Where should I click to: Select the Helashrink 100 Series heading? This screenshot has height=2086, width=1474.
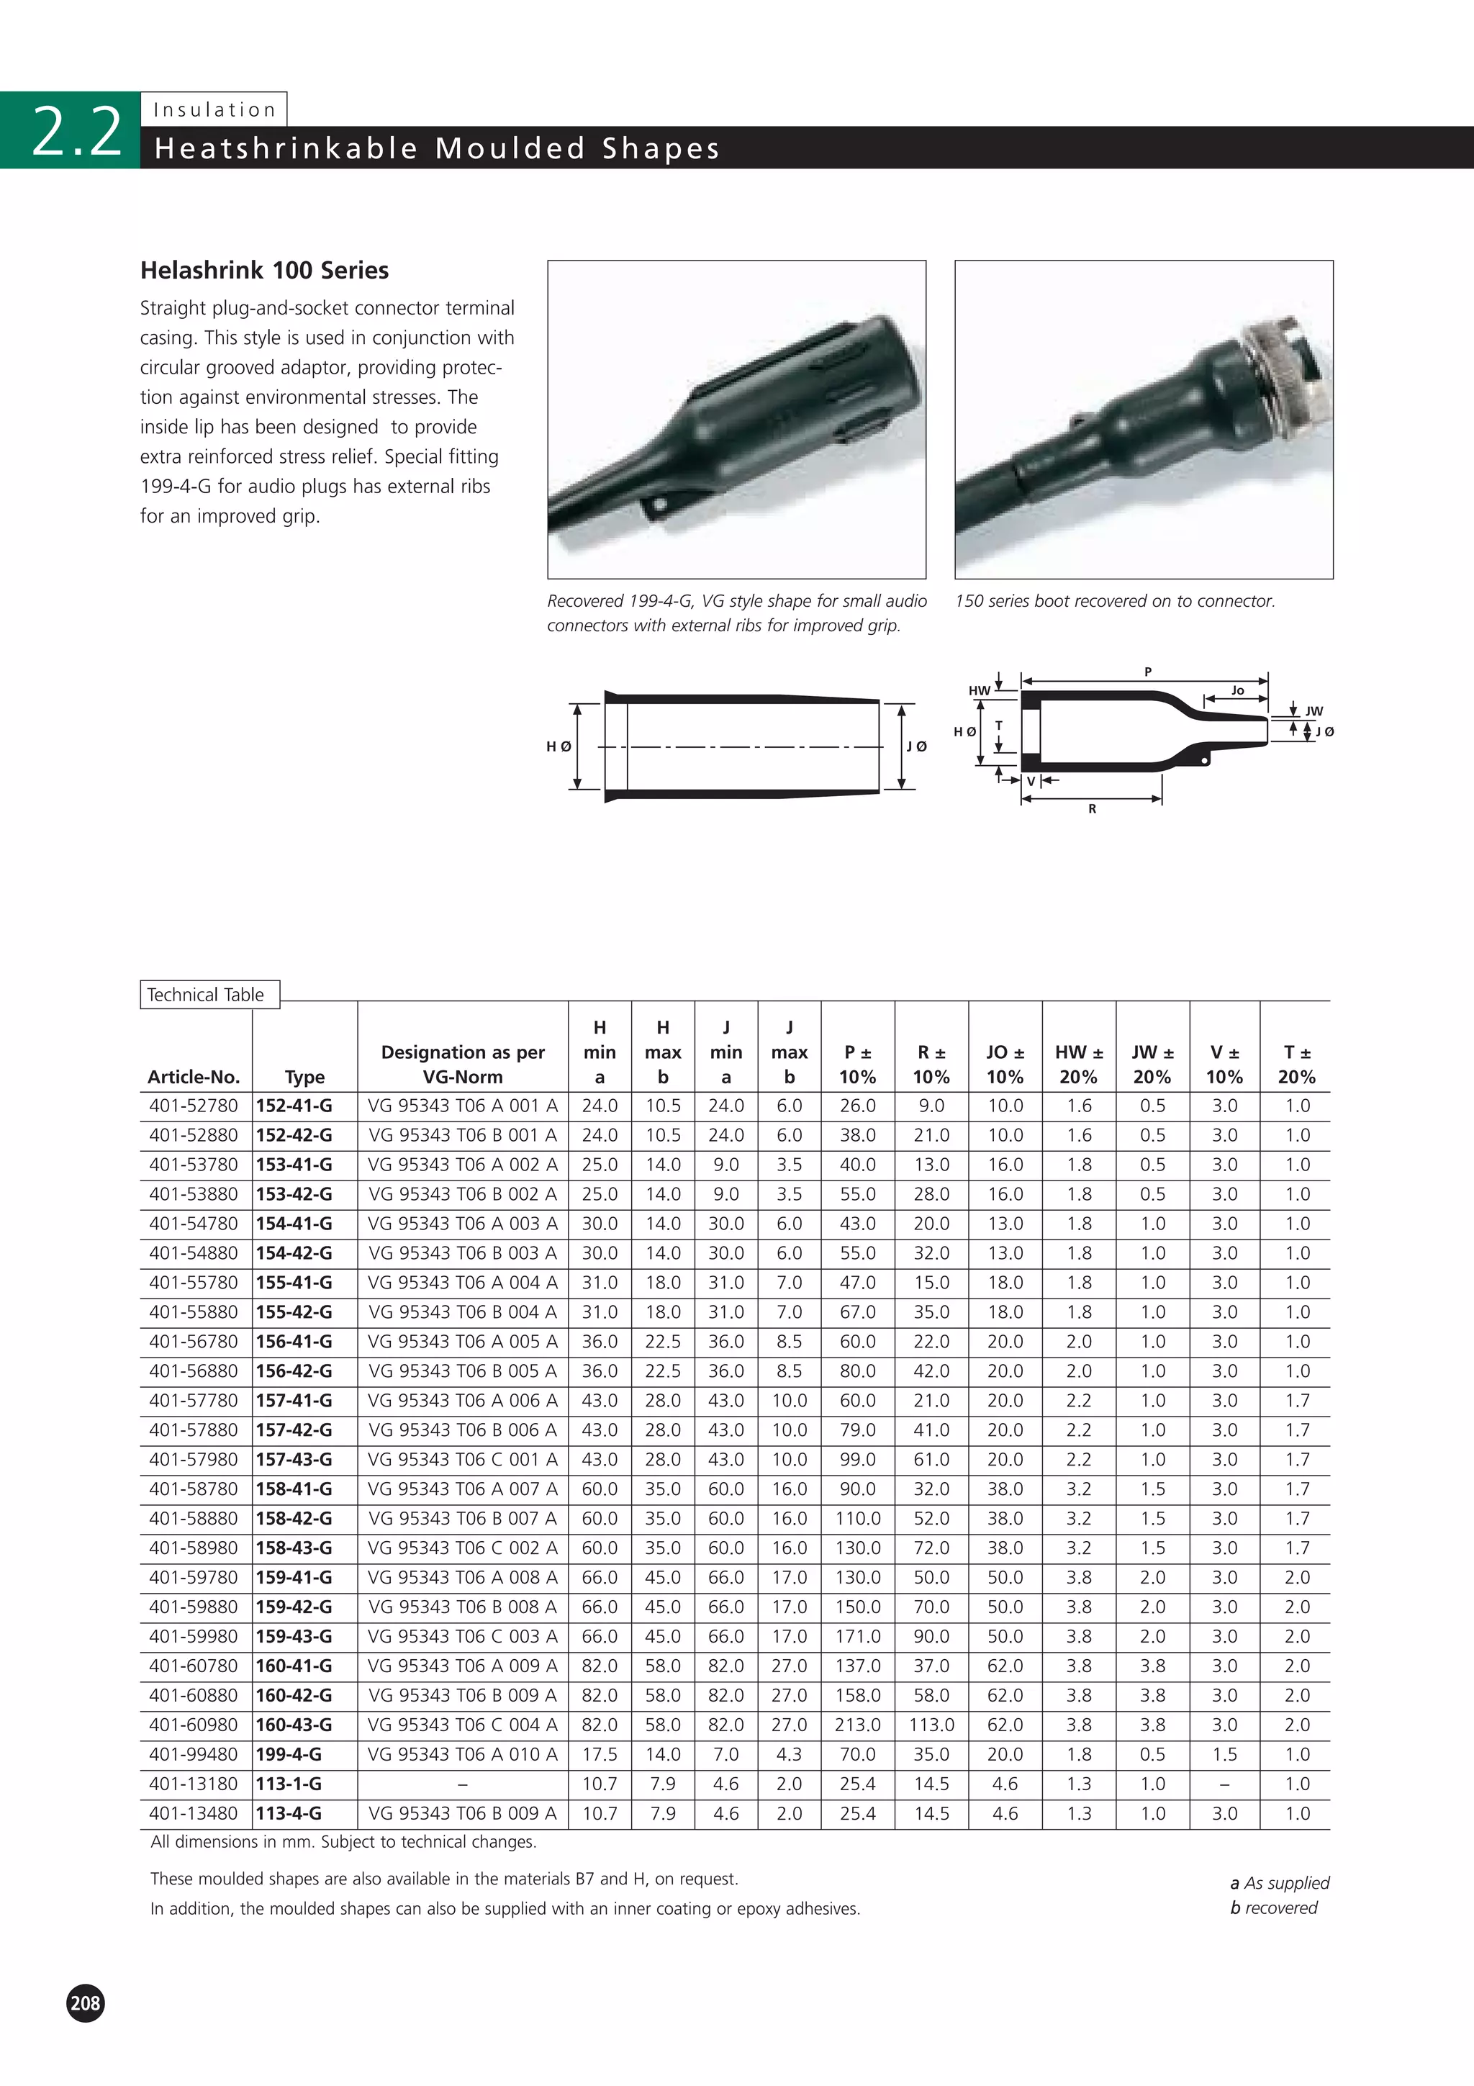click(x=264, y=271)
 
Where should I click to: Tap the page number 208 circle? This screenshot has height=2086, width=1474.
click(x=86, y=2003)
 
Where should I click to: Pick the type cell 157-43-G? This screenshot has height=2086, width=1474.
click(x=294, y=1460)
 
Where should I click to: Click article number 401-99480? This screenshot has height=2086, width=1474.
click(x=194, y=1754)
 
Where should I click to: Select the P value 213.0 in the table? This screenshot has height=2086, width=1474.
click(x=857, y=1725)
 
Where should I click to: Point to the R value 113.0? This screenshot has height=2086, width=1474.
click(x=931, y=1725)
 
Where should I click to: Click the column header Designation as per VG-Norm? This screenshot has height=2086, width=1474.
click(x=462, y=1064)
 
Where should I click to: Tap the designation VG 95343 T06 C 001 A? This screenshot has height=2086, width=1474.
click(x=462, y=1460)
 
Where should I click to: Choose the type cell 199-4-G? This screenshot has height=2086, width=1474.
click(x=289, y=1754)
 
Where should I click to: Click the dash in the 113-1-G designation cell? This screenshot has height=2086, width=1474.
click(x=462, y=1784)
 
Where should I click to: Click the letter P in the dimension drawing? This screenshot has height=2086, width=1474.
click(x=1148, y=672)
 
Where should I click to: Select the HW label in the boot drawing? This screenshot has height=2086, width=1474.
click(x=979, y=690)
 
